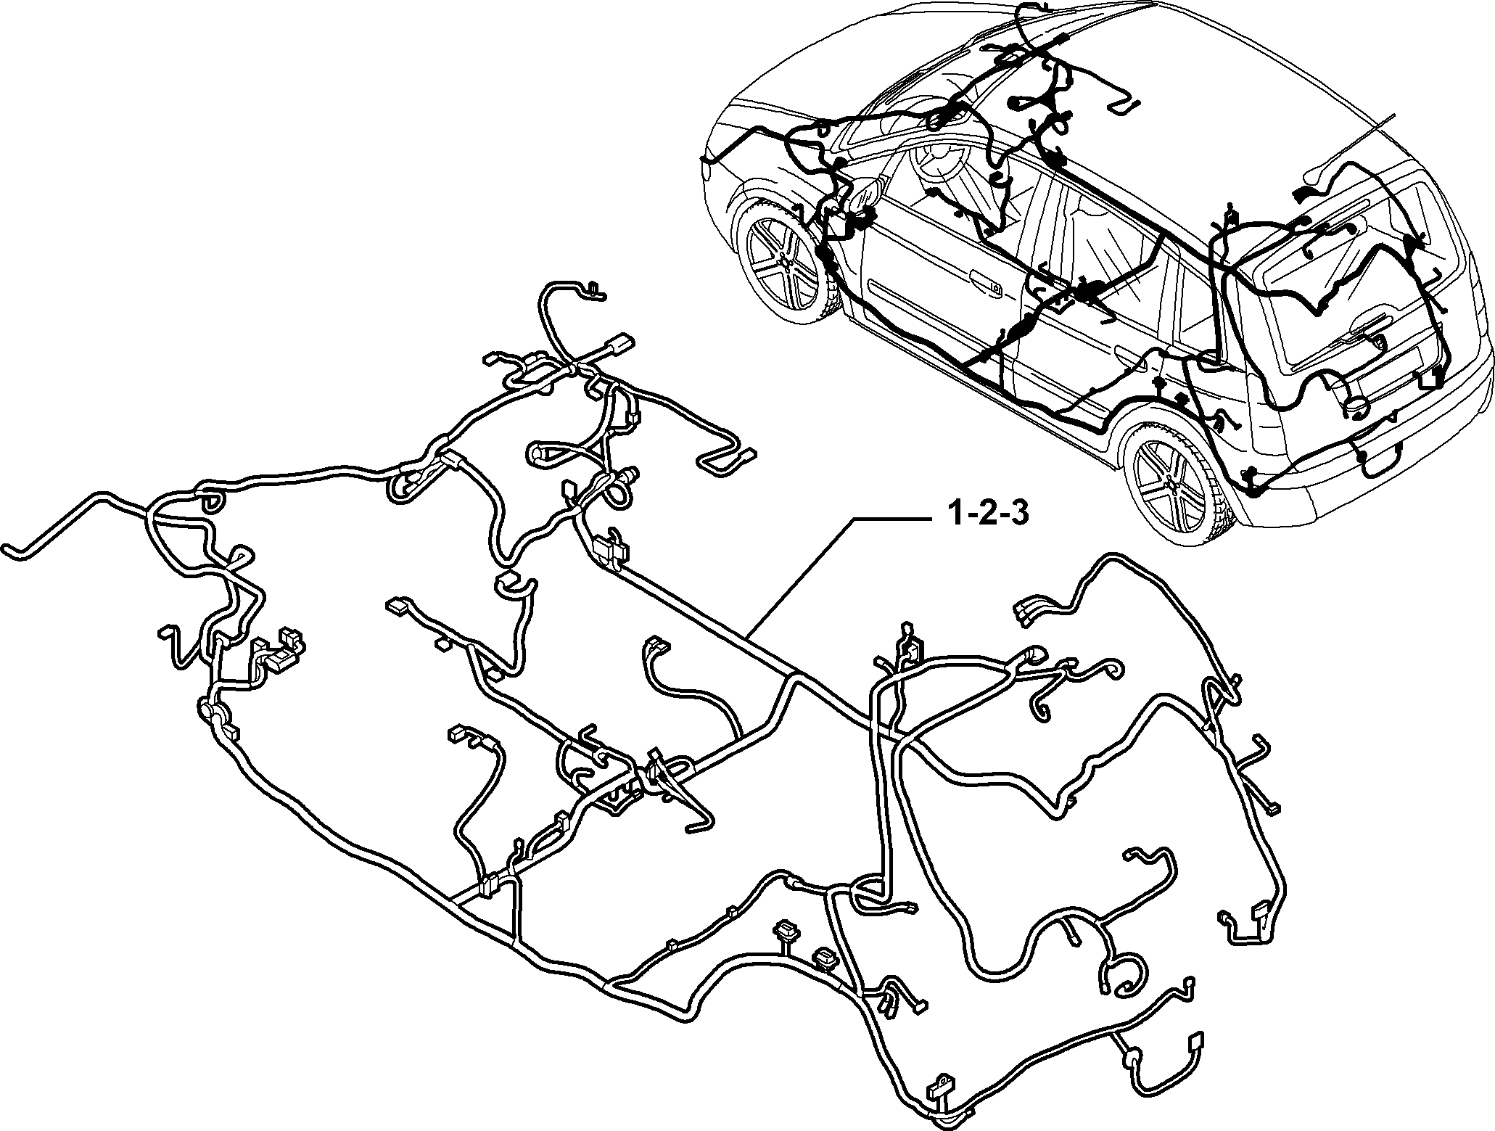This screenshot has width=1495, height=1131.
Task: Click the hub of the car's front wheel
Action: coord(781,259)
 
